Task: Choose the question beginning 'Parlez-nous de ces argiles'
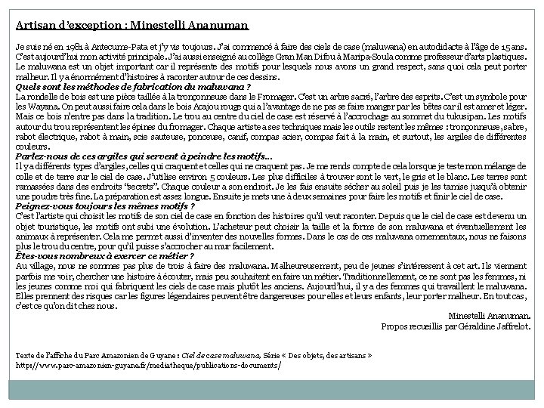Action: coord(143,156)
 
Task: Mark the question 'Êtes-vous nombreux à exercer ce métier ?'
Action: coord(110,256)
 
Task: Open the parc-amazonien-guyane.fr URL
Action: coord(148,365)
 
